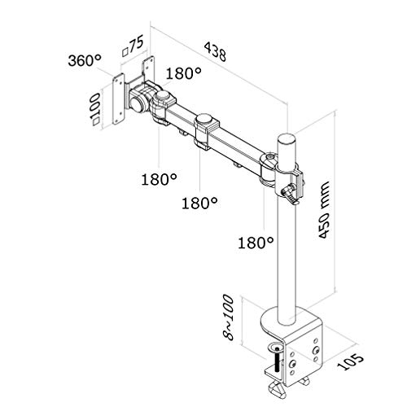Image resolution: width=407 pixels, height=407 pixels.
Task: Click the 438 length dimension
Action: point(215,51)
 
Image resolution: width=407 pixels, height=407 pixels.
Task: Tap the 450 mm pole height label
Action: point(323,210)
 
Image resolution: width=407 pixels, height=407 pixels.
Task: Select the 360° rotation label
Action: point(85,60)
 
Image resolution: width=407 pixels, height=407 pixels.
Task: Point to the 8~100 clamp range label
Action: point(228,317)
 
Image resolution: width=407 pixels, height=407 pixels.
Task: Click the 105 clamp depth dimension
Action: point(350,361)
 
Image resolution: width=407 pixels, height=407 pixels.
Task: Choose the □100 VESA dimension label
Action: point(96,109)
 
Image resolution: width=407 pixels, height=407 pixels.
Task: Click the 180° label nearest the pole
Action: point(256,243)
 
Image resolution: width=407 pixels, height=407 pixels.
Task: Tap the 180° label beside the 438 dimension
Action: point(184,73)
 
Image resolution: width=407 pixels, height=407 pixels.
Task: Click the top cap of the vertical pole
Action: point(287,140)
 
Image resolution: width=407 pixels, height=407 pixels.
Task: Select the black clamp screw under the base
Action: point(277,360)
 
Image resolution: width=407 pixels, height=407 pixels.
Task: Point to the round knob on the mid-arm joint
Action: point(204,119)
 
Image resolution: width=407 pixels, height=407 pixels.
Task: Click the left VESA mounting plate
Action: point(119,99)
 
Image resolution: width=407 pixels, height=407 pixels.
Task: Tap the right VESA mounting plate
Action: point(148,68)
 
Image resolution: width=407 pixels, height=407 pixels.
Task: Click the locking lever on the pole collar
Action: point(291,193)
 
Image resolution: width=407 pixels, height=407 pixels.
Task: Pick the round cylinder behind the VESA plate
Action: point(137,103)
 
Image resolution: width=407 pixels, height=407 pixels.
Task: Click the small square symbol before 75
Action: point(125,52)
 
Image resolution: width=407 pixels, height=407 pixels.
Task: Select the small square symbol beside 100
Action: point(96,121)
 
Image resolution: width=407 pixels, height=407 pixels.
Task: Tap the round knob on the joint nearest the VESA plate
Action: point(163,95)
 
